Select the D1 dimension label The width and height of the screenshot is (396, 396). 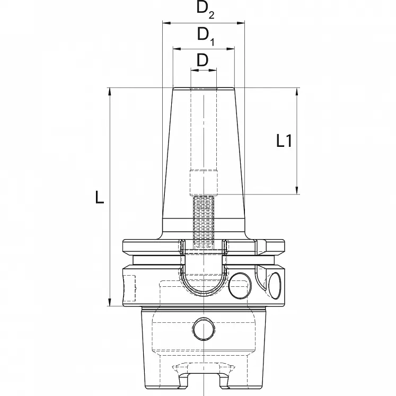[204, 35]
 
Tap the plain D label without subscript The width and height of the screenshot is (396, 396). [203, 60]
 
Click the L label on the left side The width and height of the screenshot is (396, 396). [99, 197]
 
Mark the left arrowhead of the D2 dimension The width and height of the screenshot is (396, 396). [164, 23]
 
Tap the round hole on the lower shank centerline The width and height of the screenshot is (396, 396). [203, 329]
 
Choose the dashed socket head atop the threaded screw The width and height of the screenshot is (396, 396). [204, 182]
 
